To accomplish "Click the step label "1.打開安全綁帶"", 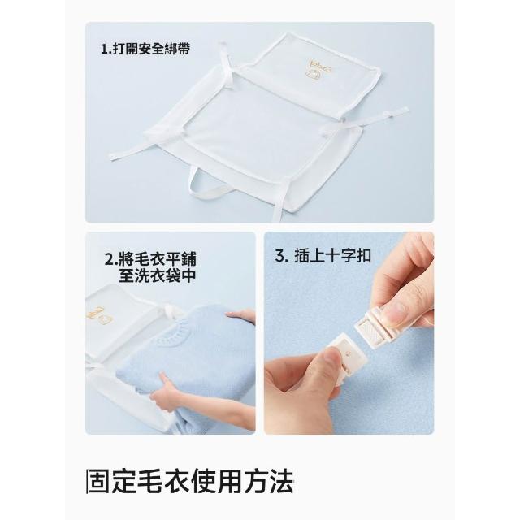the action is click(x=145, y=49).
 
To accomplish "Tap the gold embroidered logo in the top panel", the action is click(x=313, y=70).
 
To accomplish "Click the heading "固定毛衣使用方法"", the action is click(x=189, y=481).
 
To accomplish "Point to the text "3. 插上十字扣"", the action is click(x=323, y=255).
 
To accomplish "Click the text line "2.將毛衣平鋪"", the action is click(x=150, y=258).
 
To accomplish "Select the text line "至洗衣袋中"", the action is click(x=157, y=275).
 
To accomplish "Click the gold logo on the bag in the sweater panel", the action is click(x=100, y=316).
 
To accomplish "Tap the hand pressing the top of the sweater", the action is click(x=241, y=316).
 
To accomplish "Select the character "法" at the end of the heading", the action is click(x=281, y=481).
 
